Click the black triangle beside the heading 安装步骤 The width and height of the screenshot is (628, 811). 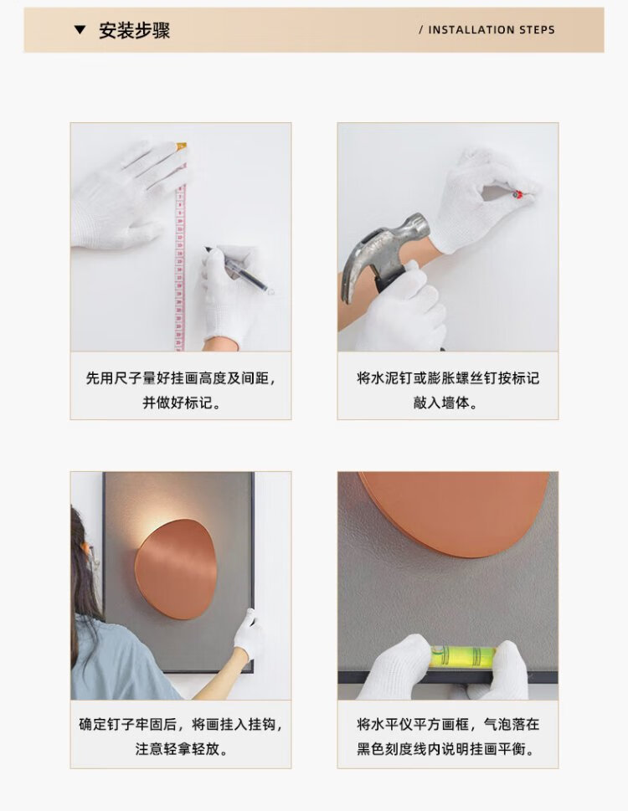click(80, 30)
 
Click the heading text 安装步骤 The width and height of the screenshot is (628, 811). click(135, 30)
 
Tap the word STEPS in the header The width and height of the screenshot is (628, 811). click(537, 30)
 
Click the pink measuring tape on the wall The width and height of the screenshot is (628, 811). click(179, 249)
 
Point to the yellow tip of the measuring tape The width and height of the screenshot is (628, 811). click(181, 147)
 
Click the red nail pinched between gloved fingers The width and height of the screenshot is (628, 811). click(516, 194)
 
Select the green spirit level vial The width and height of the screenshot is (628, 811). click(464, 657)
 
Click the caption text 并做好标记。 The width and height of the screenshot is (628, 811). click(181, 403)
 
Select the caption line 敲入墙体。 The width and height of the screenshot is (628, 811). click(448, 403)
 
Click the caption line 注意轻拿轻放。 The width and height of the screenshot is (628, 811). click(181, 749)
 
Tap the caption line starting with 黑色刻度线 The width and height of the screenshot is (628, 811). click(448, 749)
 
